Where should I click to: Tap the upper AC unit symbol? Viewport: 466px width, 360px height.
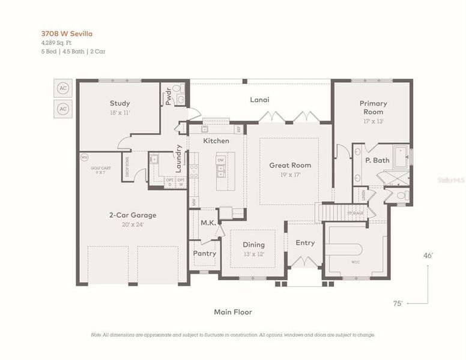tap(63, 88)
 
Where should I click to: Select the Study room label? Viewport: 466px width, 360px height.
tap(120, 103)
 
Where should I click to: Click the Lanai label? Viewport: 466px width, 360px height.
tap(259, 100)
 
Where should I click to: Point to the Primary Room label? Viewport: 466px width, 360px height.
tap(372, 107)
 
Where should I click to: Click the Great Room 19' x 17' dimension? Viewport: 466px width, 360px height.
tap(289, 175)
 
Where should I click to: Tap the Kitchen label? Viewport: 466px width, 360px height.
tap(216, 140)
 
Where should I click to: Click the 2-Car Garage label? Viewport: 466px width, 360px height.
tap(132, 215)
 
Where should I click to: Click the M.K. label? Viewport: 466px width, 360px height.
tap(208, 223)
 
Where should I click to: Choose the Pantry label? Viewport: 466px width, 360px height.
tap(204, 253)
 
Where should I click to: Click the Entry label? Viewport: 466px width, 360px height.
tap(305, 242)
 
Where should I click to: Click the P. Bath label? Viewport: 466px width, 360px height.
tap(377, 160)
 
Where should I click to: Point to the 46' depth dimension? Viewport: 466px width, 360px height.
tap(428, 256)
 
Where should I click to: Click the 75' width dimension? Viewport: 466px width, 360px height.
tap(397, 304)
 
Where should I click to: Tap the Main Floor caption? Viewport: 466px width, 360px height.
tap(233, 312)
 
